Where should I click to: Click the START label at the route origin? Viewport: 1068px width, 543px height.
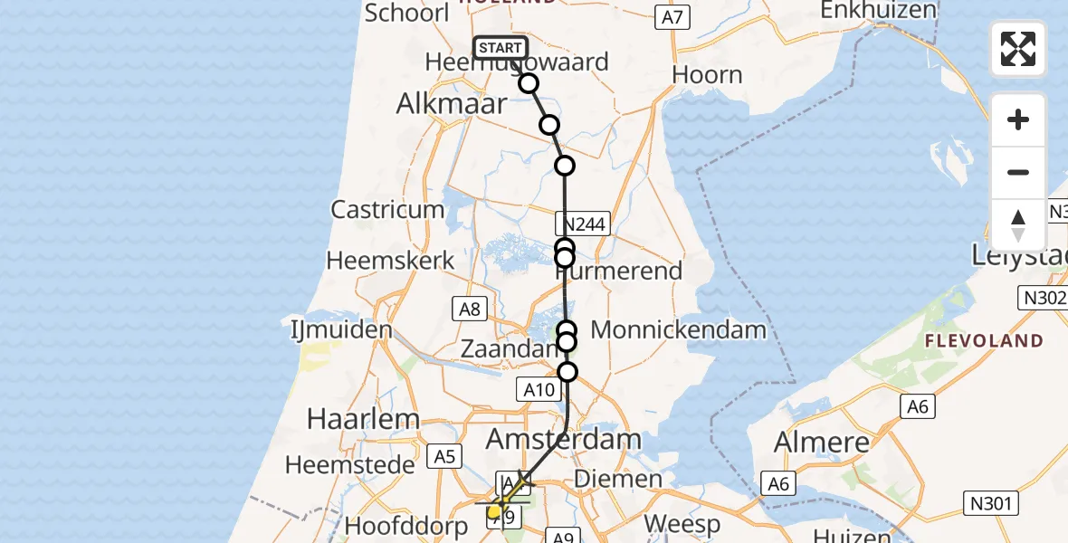point(500,48)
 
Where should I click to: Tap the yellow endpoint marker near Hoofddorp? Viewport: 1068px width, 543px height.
point(494,512)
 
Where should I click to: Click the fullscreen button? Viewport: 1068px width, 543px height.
point(1018,49)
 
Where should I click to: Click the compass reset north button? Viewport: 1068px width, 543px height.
point(1018,225)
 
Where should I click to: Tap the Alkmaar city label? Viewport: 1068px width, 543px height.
point(452,103)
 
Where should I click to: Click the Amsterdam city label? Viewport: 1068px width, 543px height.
point(565,441)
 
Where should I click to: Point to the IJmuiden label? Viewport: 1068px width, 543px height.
point(340,328)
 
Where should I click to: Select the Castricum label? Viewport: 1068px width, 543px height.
point(387,210)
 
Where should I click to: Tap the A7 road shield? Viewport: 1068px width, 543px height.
point(672,16)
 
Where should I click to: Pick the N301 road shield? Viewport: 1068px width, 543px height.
point(991,503)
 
